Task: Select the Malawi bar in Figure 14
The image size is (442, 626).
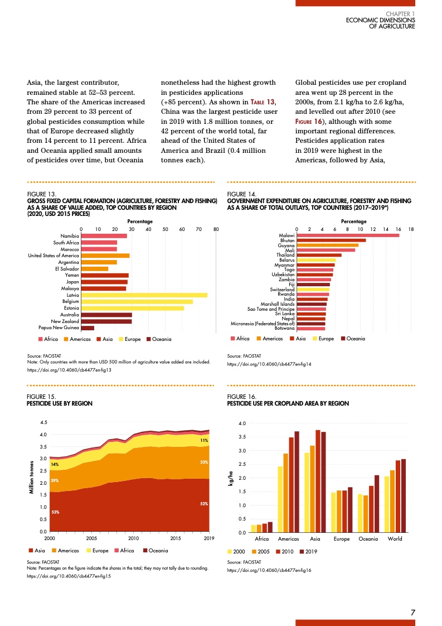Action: [348, 235]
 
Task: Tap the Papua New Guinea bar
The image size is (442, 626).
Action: [88, 328]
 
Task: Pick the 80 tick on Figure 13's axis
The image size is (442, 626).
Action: [216, 229]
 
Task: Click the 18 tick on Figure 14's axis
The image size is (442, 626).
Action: [411, 229]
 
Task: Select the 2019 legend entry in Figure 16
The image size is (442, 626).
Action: [309, 551]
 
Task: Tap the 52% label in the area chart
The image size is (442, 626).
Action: [204, 504]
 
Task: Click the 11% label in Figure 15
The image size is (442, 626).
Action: [204, 440]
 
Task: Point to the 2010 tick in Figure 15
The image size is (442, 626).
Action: [134, 538]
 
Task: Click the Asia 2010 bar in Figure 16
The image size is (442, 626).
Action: [318, 481]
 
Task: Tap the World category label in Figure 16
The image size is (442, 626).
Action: [395, 539]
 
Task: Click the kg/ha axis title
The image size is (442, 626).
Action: [230, 478]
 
